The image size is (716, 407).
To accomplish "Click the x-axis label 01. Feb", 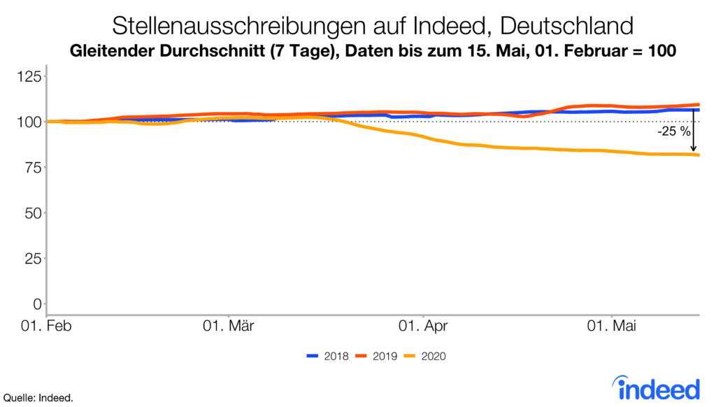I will point(48,327).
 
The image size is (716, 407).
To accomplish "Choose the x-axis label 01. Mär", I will point(229,327).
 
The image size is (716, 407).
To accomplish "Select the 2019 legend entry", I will point(376,357).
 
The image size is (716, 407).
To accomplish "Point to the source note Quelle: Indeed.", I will point(38,398).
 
